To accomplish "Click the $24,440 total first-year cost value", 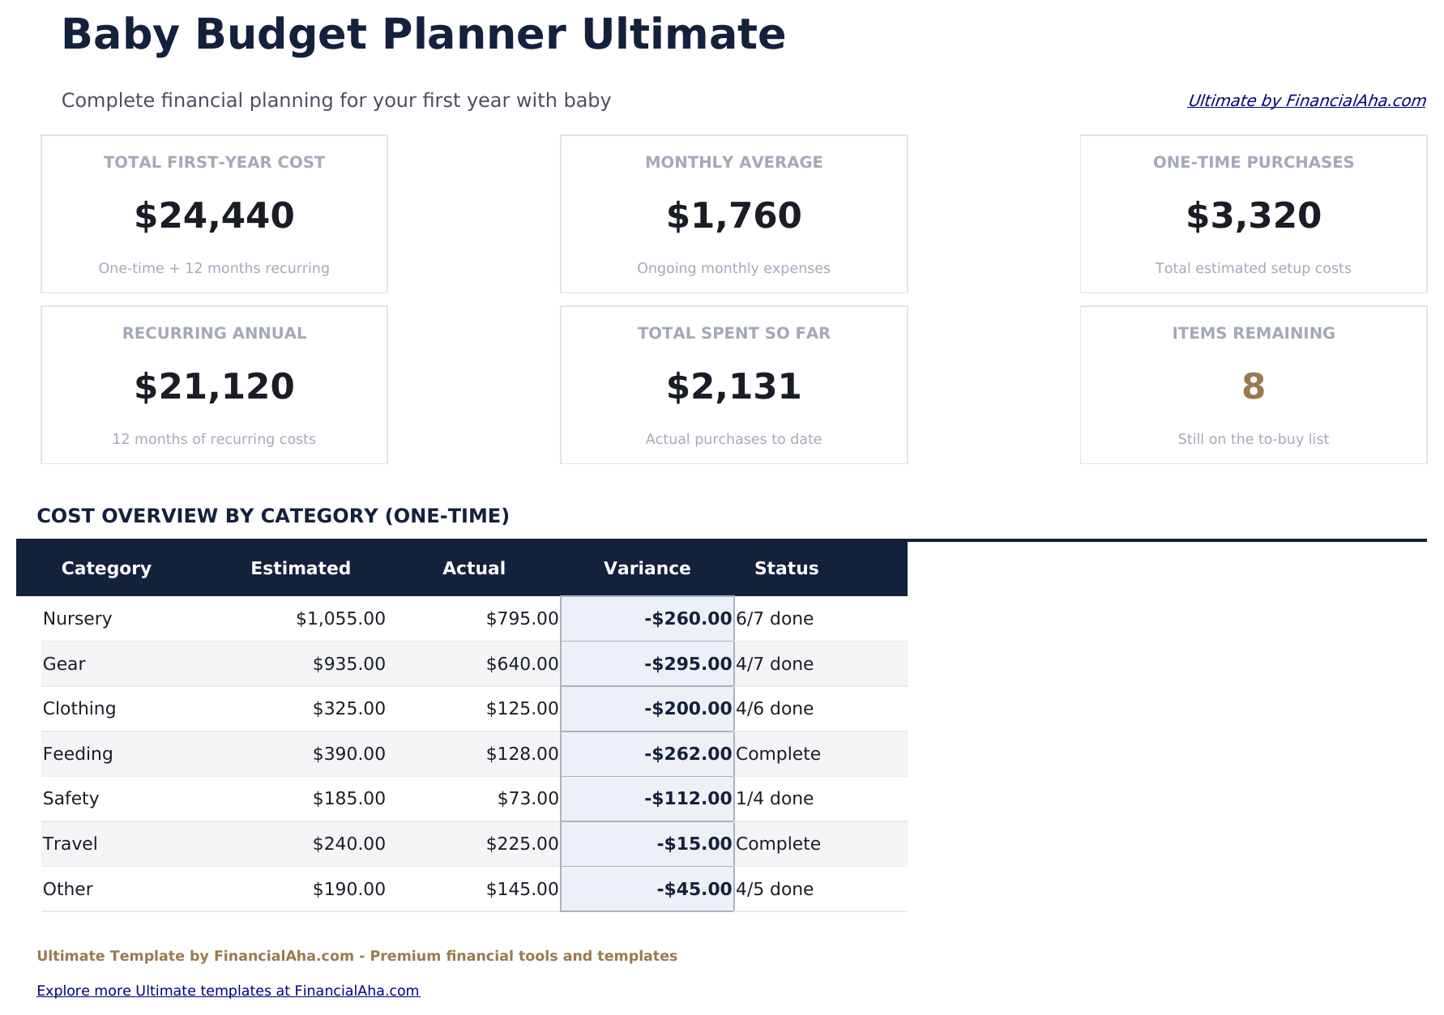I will (x=214, y=216).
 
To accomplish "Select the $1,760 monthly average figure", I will (x=733, y=216).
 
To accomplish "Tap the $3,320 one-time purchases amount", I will (x=1253, y=216).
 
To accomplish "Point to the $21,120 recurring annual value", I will (x=214, y=387).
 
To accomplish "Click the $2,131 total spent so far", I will (x=733, y=387).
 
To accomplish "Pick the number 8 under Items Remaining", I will (x=1253, y=387).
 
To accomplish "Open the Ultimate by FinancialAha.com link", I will (x=1305, y=100).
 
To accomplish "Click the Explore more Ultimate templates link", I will (x=228, y=991).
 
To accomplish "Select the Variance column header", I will (x=647, y=569).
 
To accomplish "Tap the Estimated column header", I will (x=301, y=569).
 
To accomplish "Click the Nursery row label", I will (x=77, y=619).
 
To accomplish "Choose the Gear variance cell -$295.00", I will (x=688, y=664).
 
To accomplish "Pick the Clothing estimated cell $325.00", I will (x=348, y=709).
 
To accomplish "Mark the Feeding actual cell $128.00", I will (x=522, y=754).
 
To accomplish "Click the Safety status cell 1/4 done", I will (x=774, y=799).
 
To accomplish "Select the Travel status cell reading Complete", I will (x=778, y=844).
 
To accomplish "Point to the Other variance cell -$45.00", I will (x=694, y=889).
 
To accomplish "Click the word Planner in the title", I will (x=474, y=35).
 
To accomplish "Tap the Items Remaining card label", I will (x=1253, y=333).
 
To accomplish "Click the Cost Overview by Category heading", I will (x=273, y=516).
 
